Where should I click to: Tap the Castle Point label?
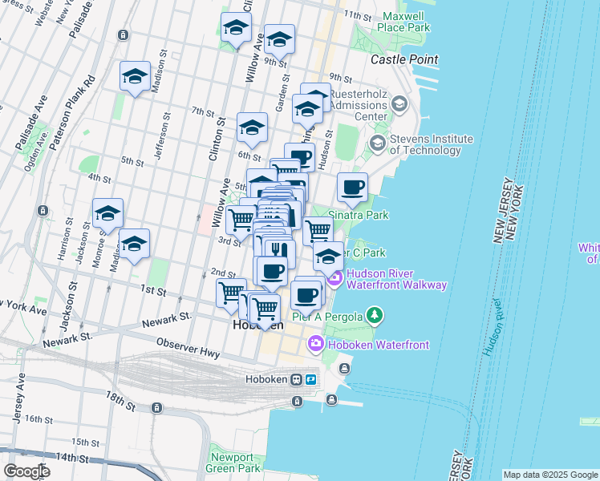click(404, 59)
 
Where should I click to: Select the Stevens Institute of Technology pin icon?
click(377, 144)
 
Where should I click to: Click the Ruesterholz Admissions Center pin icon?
click(399, 105)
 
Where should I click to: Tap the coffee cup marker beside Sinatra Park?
click(352, 188)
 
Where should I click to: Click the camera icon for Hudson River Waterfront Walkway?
click(334, 279)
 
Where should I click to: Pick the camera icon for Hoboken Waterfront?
click(316, 345)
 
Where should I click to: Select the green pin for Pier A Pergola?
click(372, 314)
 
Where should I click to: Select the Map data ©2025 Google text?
click(549, 475)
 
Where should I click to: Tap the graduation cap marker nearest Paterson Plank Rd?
click(134, 78)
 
